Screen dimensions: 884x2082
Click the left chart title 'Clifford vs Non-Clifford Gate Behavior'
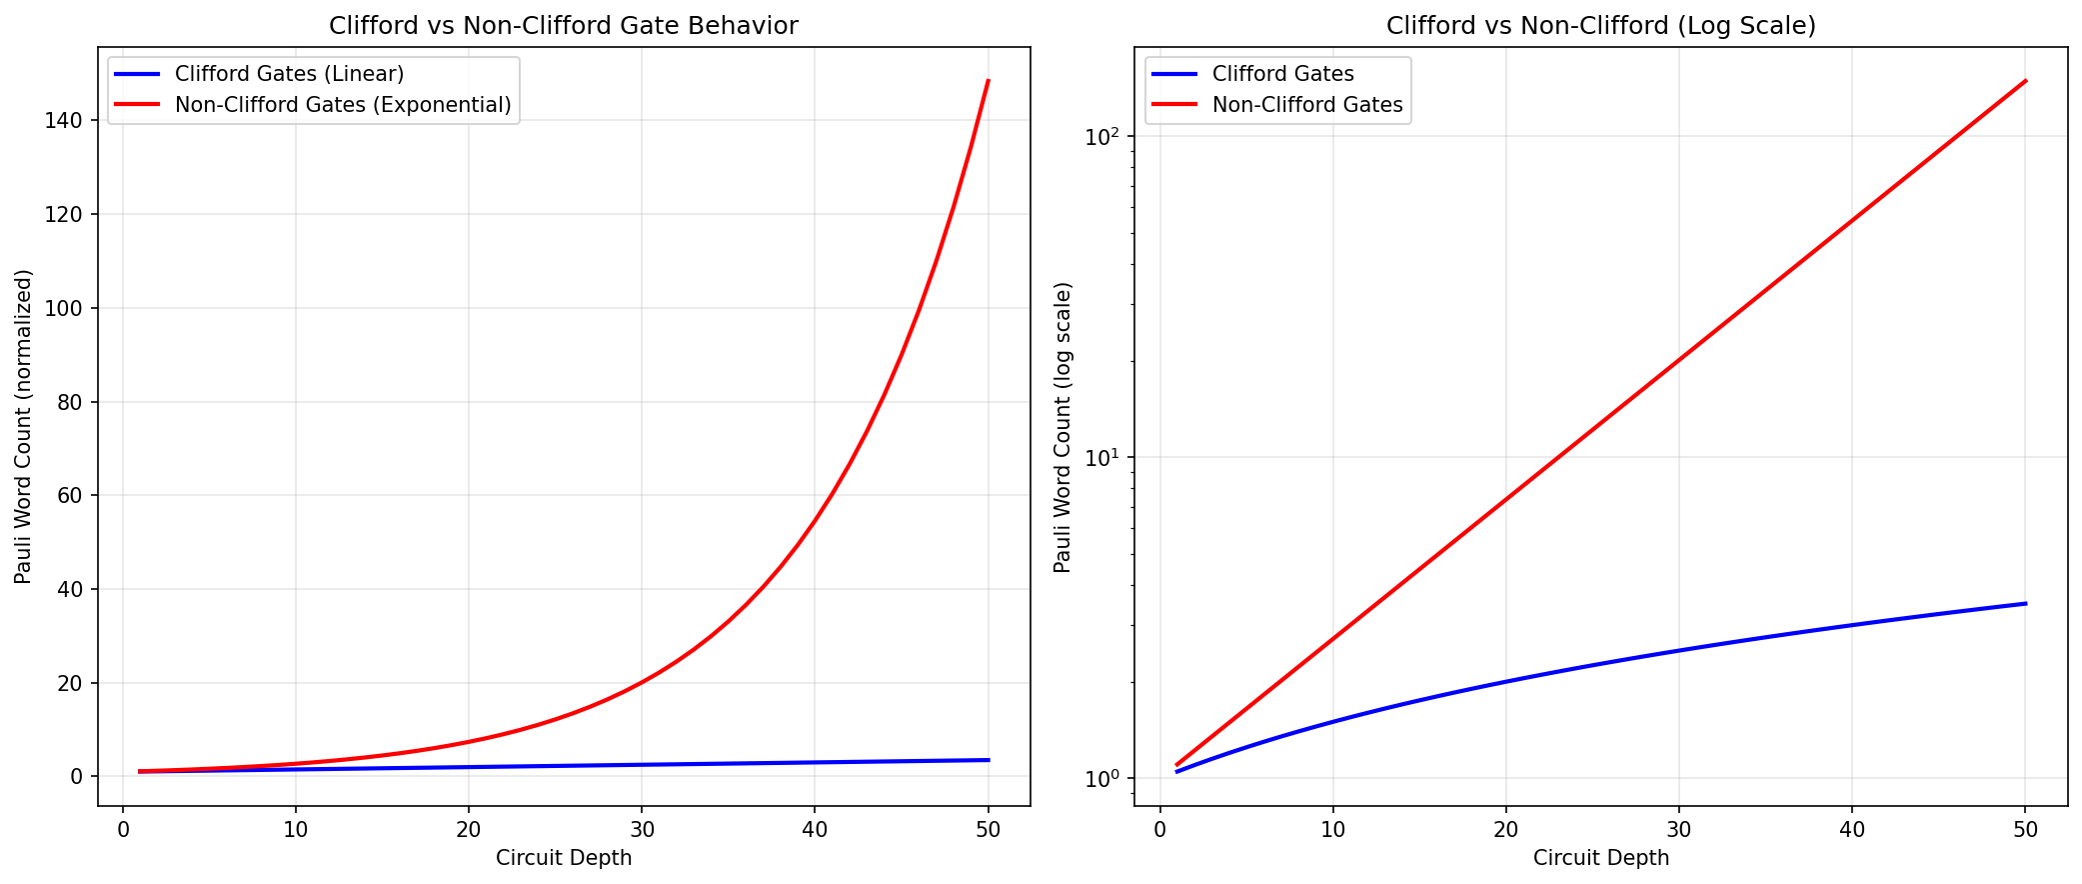(x=563, y=26)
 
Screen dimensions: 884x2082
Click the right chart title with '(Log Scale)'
(x=1600, y=26)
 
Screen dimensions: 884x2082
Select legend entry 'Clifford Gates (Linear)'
(x=289, y=74)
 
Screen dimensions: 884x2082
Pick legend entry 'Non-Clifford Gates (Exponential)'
(x=343, y=105)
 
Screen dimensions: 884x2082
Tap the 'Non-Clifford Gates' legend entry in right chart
(x=1307, y=105)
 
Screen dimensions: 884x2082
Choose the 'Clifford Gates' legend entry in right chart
(x=1282, y=74)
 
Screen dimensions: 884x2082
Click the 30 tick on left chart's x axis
(x=641, y=829)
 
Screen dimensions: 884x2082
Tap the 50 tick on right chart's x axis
(x=2025, y=829)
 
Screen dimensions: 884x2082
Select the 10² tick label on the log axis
(x=1104, y=135)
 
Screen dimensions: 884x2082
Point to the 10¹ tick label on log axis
(x=1104, y=457)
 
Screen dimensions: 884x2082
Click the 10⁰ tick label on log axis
(x=1104, y=778)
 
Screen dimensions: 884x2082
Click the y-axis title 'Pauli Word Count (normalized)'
(x=24, y=426)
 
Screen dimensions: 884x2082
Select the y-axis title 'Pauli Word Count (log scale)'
(x=1062, y=427)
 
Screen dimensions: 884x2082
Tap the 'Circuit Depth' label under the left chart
(x=563, y=858)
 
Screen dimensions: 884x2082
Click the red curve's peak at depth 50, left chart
(x=988, y=81)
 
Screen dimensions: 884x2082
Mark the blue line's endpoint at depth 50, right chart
(x=2025, y=603)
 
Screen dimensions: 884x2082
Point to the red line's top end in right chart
(x=2025, y=81)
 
